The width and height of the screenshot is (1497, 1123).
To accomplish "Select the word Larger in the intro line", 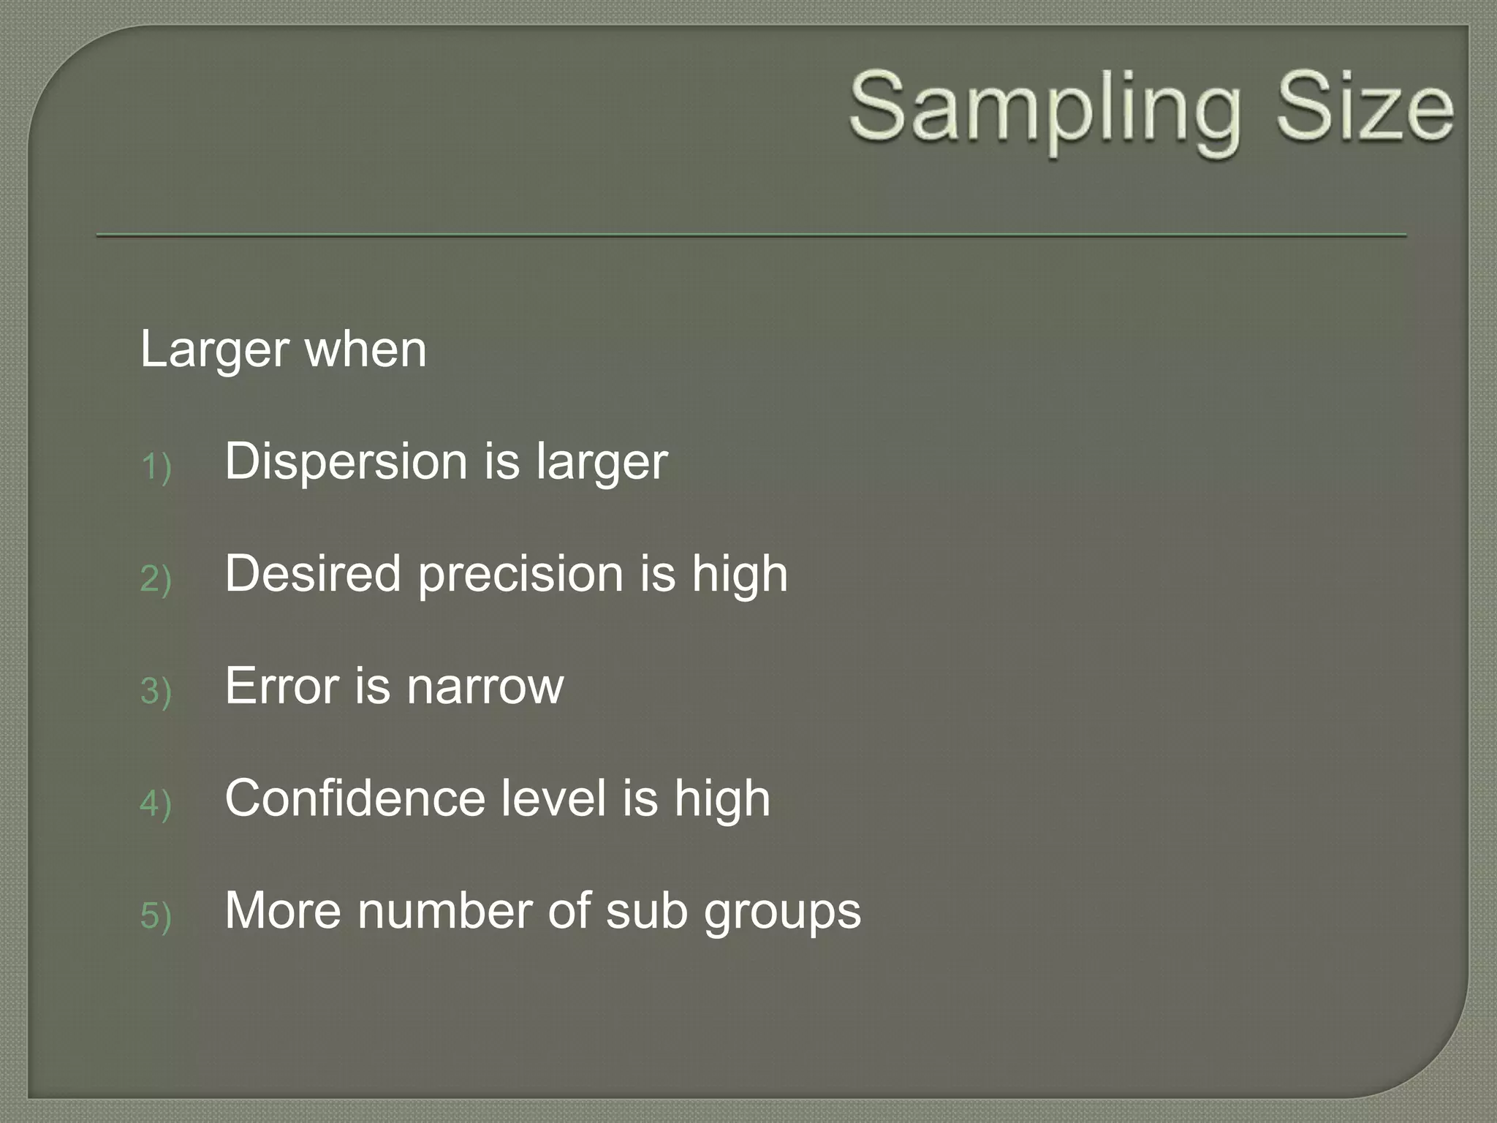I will pos(214,351).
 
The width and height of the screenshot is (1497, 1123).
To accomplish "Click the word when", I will pos(365,349).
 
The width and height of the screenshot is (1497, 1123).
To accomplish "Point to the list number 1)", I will pos(156,467).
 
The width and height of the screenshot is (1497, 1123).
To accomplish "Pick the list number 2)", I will pos(156,579).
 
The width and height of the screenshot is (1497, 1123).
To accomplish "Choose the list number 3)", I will pos(156,692).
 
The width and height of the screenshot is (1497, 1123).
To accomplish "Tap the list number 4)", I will pos(156,804).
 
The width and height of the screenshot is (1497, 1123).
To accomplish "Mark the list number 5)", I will pos(156,916).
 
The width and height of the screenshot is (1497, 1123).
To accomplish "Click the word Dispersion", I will pos(346,462).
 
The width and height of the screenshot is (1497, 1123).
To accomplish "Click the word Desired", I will pos(313,574).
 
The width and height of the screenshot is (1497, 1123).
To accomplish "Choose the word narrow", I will pos(485,688).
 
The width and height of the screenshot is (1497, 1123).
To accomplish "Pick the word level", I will pos(554,798).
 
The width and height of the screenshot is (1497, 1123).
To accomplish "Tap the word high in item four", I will pos(722,800).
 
